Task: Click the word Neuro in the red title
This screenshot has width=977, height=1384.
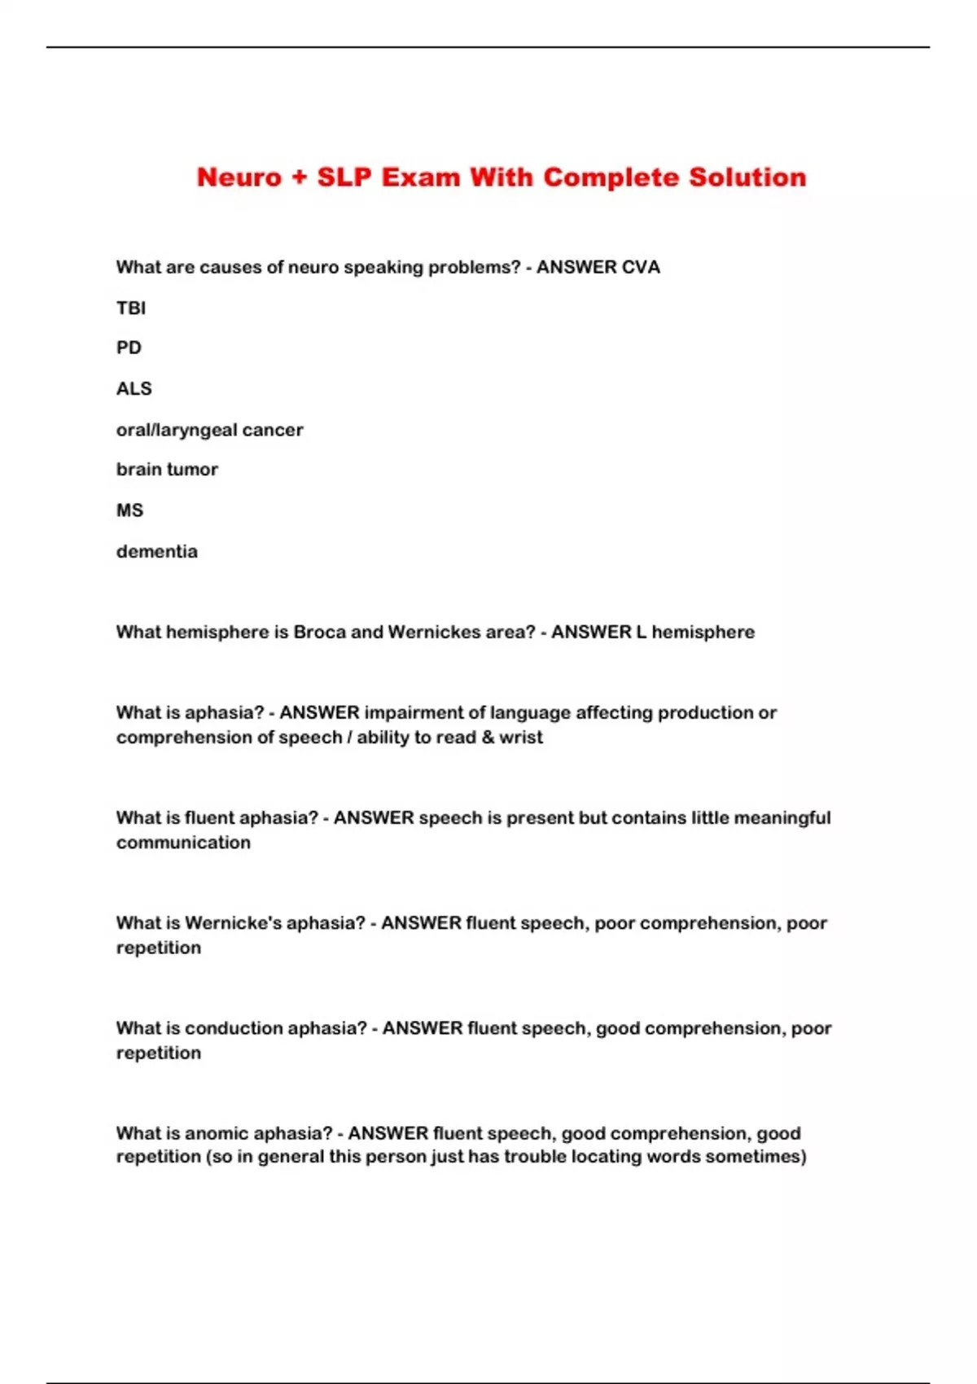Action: [239, 177]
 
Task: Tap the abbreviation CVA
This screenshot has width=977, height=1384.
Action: [640, 268]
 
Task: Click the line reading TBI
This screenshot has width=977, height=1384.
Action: [131, 308]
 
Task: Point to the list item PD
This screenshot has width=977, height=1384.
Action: [129, 348]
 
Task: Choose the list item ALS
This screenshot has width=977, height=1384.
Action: [134, 388]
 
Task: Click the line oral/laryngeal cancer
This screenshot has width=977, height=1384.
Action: [209, 430]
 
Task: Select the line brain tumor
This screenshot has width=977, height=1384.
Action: [167, 470]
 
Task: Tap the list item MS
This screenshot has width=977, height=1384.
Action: [129, 510]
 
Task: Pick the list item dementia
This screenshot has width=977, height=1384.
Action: [156, 552]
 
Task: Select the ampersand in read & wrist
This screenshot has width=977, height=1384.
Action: [487, 738]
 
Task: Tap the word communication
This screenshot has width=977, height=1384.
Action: [183, 843]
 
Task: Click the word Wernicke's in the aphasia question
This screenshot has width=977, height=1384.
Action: [234, 923]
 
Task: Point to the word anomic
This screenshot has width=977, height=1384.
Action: [216, 1133]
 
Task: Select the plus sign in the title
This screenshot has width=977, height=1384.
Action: [299, 177]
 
